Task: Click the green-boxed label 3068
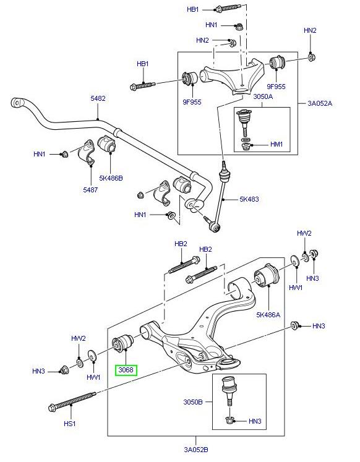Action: coord(126,370)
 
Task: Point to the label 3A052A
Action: coord(319,103)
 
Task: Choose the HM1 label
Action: coord(276,144)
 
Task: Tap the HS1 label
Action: coord(69,424)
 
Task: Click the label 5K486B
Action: coord(112,178)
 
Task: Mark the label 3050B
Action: coord(193,401)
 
